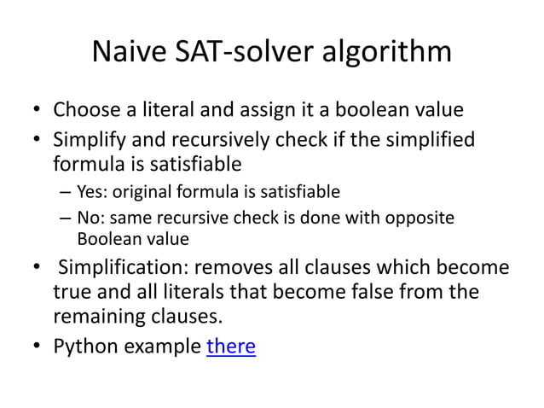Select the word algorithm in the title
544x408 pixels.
click(x=389, y=53)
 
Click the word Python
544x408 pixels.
click(x=83, y=348)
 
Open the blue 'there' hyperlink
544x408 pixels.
click(x=231, y=348)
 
